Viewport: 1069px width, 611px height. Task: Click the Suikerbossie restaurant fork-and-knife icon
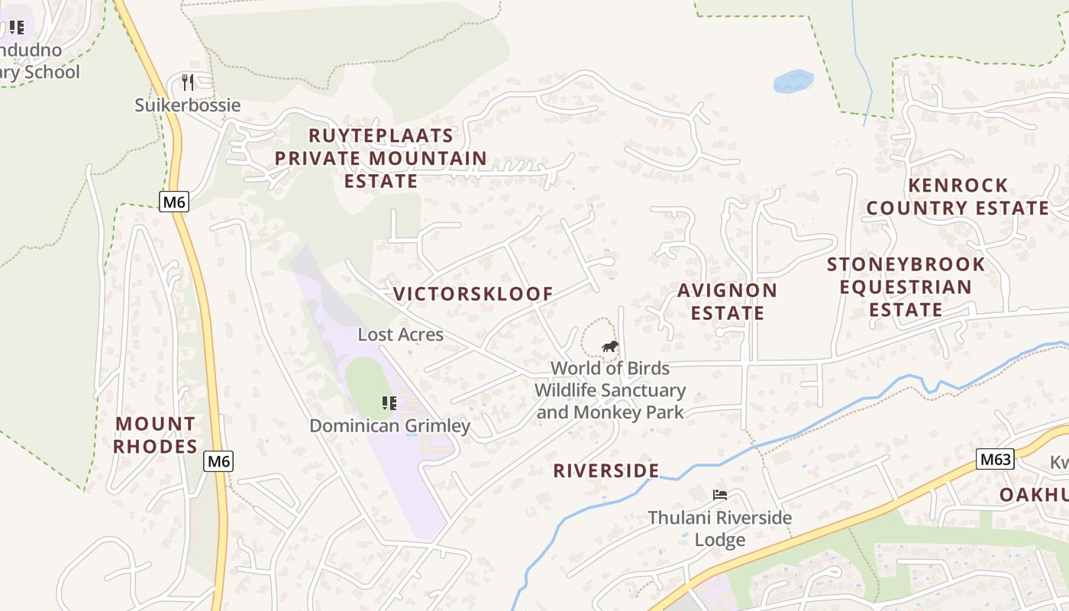188,82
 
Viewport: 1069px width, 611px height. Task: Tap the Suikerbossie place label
188,105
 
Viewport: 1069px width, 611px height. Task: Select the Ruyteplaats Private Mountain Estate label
380,158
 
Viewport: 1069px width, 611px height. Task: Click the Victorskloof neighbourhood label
473,294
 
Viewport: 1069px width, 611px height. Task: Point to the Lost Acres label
400,335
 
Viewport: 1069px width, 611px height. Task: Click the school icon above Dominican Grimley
389,402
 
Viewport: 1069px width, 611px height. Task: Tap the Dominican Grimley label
389,425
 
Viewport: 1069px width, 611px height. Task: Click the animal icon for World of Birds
609,347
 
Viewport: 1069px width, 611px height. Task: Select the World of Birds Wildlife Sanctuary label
609,390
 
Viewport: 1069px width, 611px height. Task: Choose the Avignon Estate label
727,302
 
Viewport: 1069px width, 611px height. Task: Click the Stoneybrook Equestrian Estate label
906,286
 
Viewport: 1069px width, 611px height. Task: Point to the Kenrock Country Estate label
958,196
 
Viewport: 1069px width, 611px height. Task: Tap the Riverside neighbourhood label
606,470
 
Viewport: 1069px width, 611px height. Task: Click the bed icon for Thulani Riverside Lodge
719,495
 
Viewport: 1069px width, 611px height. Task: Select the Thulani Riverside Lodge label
719,529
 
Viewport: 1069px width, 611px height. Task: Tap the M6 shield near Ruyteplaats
174,202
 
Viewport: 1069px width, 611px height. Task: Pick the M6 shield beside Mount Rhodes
218,461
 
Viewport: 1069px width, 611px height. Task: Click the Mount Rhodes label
156,435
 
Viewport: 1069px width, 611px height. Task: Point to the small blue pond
793,81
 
